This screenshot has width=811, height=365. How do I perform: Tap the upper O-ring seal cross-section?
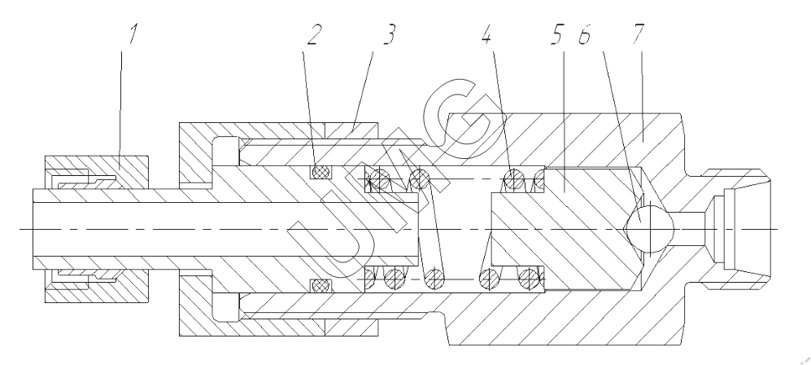319,172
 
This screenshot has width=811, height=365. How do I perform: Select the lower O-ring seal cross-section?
319,284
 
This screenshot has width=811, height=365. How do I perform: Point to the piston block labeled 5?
569,232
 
